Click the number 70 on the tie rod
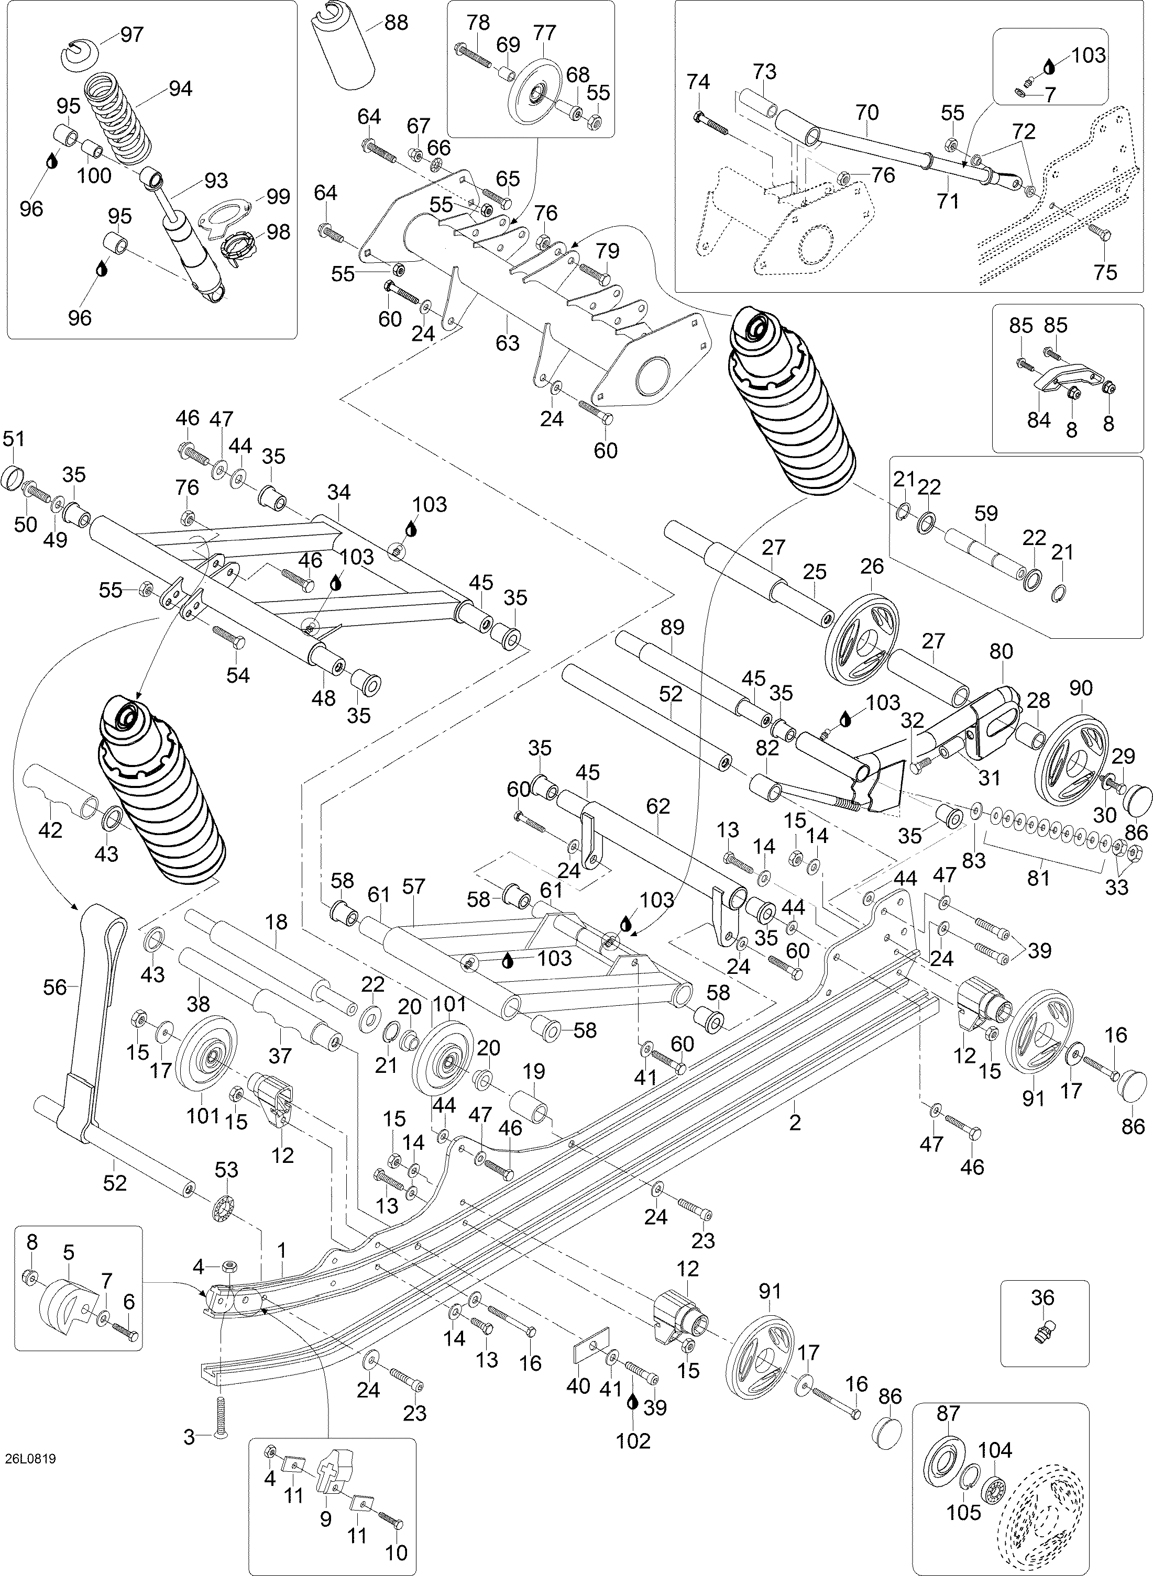click(x=867, y=113)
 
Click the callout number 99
click(x=278, y=197)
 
